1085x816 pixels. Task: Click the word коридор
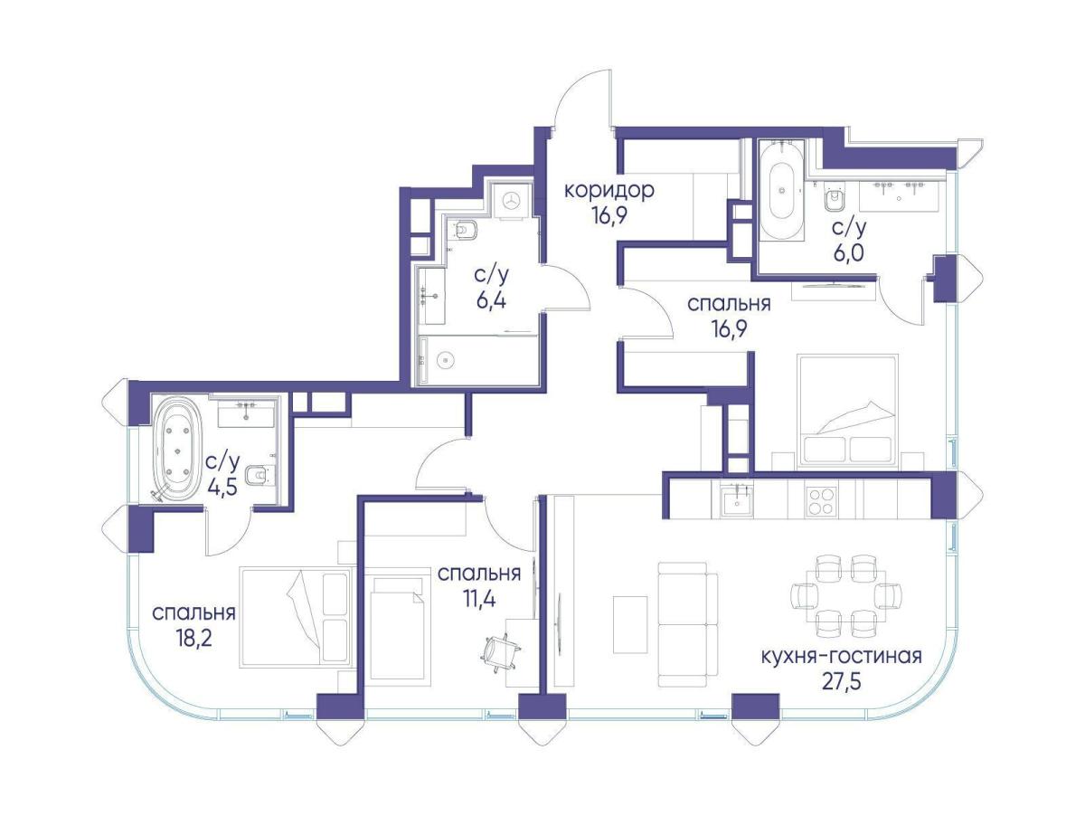pyautogui.click(x=609, y=190)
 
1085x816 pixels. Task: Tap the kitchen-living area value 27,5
pyautogui.click(x=840, y=681)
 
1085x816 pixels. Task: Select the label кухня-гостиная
pyautogui.click(x=841, y=656)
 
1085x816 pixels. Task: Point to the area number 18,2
pyautogui.click(x=193, y=638)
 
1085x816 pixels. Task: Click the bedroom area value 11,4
pyautogui.click(x=479, y=599)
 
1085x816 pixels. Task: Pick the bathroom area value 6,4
pyautogui.click(x=491, y=300)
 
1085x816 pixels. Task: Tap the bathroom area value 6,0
pyautogui.click(x=849, y=252)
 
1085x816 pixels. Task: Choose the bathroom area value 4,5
pyautogui.click(x=222, y=487)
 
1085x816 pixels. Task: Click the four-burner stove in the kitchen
pyautogui.click(x=821, y=501)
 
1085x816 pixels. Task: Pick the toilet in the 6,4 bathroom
pyautogui.click(x=465, y=229)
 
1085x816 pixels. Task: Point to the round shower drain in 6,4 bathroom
pyautogui.click(x=447, y=359)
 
